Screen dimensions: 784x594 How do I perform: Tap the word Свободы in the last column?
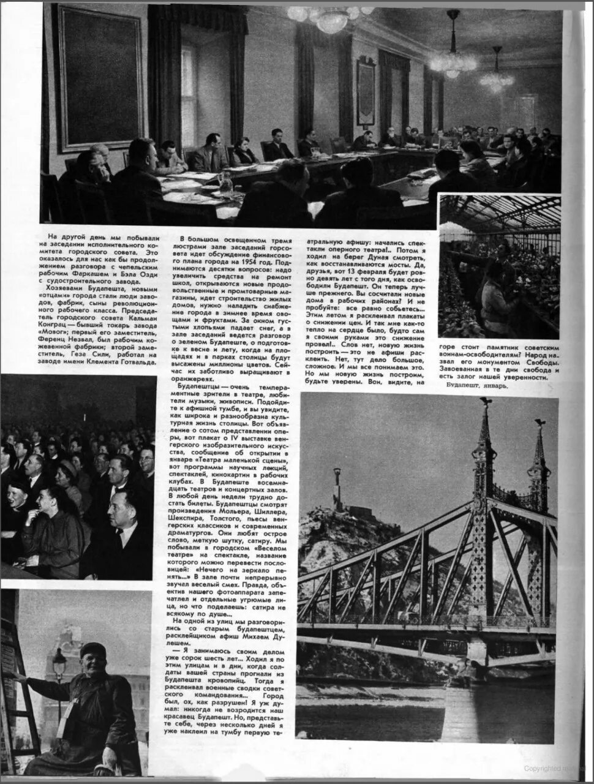(543, 363)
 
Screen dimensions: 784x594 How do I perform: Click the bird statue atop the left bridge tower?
(486, 401)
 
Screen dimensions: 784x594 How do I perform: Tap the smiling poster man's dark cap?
(93, 650)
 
